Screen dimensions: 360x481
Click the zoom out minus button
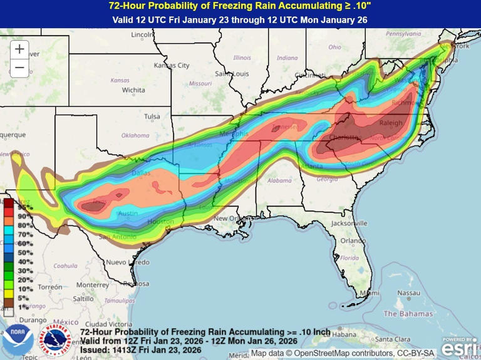19,68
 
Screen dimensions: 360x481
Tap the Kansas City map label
171,65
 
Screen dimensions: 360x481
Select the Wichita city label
133,90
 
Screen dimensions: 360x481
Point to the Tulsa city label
152,116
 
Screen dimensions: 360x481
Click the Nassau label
408,292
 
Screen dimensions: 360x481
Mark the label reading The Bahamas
408,313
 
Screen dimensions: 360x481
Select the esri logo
460,345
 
